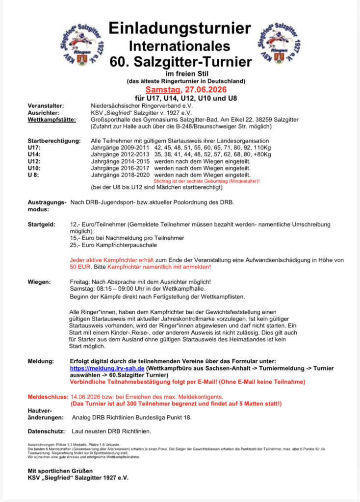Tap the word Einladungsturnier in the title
(x=180, y=29)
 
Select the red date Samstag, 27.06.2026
(x=180, y=90)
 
